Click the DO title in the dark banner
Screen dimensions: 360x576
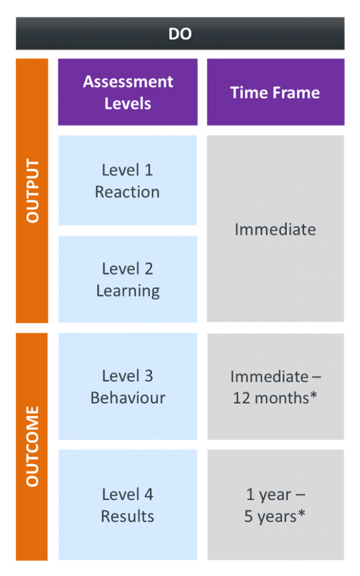tap(180, 34)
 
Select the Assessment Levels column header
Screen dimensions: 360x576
tap(128, 92)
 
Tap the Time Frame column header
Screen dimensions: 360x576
tap(276, 92)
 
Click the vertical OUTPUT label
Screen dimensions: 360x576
tap(32, 191)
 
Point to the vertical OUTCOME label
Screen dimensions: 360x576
tap(32, 446)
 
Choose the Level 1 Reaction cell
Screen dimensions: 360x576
tap(128, 181)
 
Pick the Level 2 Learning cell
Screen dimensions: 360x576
tap(128, 279)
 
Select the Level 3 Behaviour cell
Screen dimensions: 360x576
tap(128, 386)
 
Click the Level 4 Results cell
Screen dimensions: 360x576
tap(128, 505)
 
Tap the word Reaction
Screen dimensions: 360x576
tap(128, 192)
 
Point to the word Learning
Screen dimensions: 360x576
tap(128, 291)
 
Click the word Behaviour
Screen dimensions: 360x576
tap(128, 398)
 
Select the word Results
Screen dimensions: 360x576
tap(128, 516)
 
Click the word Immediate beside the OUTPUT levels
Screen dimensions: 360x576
tap(275, 229)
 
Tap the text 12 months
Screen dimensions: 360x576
tap(271, 398)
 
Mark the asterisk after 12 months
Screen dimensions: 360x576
tap(313, 395)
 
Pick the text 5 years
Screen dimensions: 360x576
tap(271, 517)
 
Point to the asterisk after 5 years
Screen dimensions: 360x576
tap(301, 514)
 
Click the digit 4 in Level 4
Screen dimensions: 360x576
tap(148, 494)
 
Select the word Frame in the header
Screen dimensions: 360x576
tap(298, 93)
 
